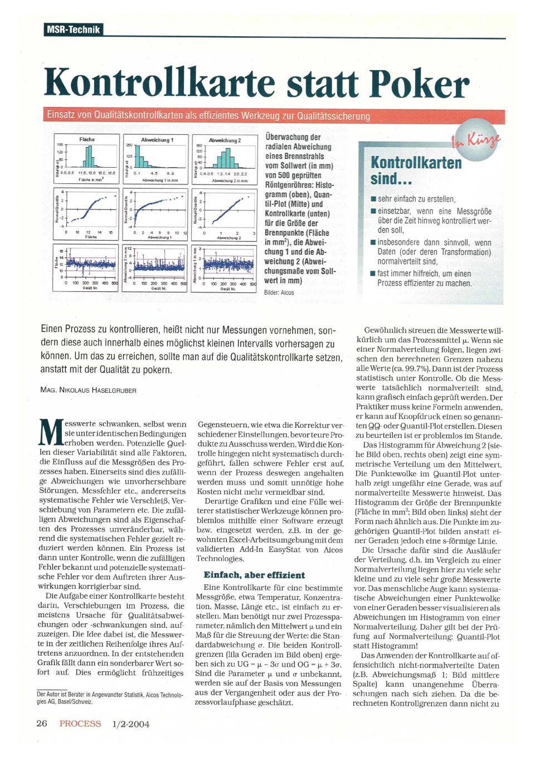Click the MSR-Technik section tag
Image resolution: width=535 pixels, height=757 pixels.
(73, 30)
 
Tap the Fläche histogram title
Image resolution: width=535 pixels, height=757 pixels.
(87, 139)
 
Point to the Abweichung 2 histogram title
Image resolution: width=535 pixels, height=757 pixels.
(225, 140)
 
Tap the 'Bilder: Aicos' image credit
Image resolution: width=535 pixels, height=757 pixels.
(279, 292)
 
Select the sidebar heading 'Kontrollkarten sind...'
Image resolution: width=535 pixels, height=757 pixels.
(416, 170)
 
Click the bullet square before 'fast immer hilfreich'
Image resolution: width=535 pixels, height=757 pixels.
(373, 274)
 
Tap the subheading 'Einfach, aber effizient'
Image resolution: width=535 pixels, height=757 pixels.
(254, 575)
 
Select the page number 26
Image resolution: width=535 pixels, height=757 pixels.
(41, 724)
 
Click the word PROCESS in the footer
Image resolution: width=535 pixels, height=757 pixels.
(80, 724)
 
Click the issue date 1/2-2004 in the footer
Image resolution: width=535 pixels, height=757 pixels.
(131, 724)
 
